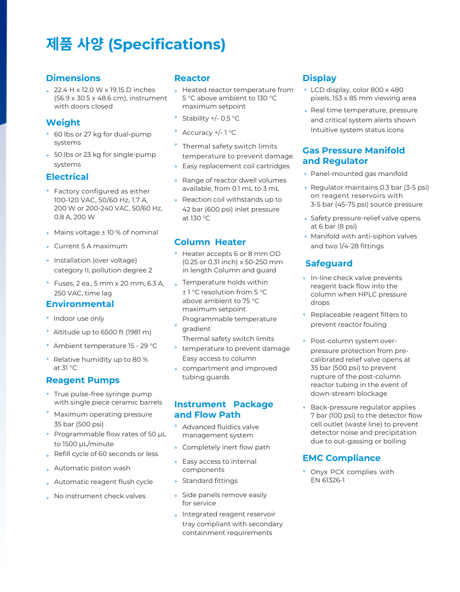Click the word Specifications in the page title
167,44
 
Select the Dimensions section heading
73,78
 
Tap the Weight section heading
63,123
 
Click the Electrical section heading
67,177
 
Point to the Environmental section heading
80,304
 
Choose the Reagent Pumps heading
83,380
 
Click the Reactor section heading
192,78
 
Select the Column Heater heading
210,242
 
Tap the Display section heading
319,78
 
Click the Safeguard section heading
329,264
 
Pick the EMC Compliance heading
341,458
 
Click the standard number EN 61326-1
327,481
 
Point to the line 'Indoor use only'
79,318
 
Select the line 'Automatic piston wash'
92,468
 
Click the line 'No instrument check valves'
100,496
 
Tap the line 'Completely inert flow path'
226,447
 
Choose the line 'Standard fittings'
210,481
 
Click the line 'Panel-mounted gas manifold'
359,174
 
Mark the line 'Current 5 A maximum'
90,246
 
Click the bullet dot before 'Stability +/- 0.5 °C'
176,117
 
